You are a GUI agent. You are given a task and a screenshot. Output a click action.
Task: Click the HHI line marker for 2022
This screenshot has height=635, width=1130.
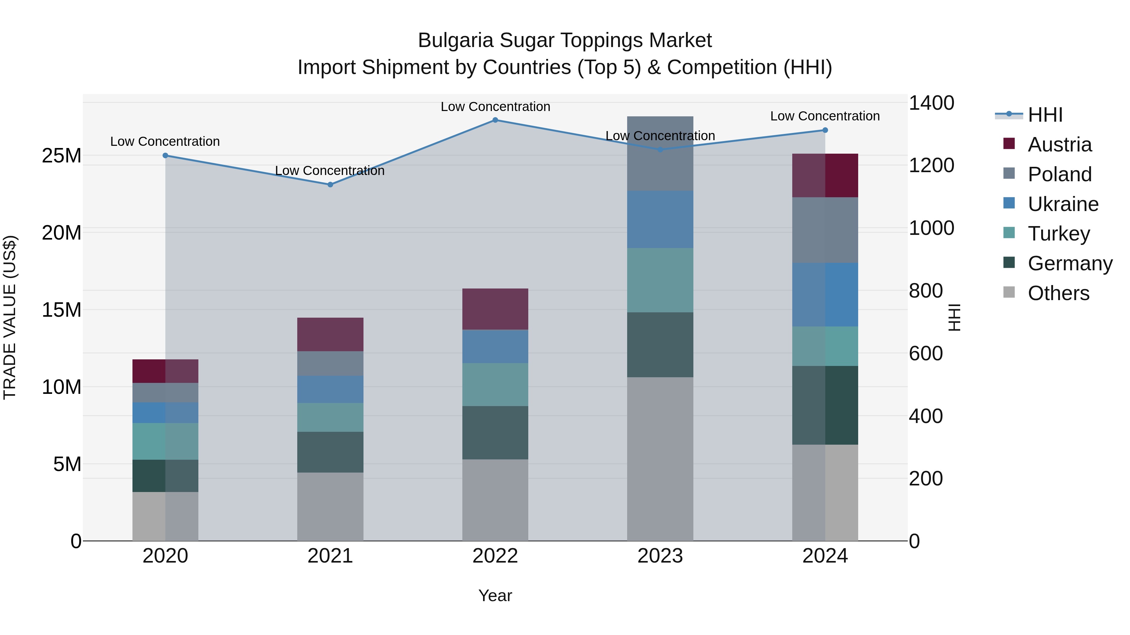coord(495,120)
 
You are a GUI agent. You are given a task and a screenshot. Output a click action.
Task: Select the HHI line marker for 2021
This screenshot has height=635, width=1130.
coord(330,184)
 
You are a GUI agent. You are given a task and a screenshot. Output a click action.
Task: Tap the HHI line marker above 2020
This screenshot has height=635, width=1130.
coord(165,156)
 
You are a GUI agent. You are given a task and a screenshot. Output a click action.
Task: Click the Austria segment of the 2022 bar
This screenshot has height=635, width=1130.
coord(495,309)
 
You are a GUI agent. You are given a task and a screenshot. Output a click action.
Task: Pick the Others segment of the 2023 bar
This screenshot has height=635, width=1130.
coord(660,459)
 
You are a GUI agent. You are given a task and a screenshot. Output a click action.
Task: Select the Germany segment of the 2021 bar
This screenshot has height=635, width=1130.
coord(330,452)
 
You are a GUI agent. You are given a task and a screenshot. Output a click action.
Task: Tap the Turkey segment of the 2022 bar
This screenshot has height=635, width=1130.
coord(495,384)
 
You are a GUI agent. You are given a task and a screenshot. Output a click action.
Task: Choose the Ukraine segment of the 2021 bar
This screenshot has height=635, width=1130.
coord(330,389)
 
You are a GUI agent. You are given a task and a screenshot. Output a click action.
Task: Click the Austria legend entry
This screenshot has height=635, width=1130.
coord(1059,145)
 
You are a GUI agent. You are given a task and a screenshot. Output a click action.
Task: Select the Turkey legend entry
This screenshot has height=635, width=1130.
coord(1058,234)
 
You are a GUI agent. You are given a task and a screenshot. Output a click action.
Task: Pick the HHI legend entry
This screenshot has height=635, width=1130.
coord(1045,115)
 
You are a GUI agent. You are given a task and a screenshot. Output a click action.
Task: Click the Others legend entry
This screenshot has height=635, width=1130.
coord(1058,293)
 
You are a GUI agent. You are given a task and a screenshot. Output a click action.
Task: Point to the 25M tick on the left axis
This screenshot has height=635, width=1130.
coord(62,156)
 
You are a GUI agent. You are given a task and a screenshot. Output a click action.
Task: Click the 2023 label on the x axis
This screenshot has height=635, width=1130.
coord(660,556)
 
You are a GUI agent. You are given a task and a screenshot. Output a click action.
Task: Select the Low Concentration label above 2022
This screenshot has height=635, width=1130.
coord(495,107)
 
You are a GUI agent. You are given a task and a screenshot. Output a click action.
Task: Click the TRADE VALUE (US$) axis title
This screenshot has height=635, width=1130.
coord(10,317)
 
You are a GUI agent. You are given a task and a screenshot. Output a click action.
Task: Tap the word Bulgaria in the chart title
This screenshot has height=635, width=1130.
coord(456,40)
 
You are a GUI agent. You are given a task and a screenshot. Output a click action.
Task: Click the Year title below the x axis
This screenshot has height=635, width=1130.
coord(495,595)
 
